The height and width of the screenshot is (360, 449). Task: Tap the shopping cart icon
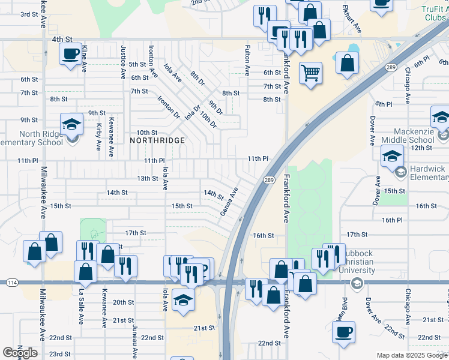310,73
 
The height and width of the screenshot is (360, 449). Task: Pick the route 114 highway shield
11,282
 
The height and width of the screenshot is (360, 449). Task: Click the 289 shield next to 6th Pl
391,67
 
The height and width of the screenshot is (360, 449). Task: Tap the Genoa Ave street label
229,202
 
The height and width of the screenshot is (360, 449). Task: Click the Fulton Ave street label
247,60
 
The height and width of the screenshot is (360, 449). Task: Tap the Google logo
20,353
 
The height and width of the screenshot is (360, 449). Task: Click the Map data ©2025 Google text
412,355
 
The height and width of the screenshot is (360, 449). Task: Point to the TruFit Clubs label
435,13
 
